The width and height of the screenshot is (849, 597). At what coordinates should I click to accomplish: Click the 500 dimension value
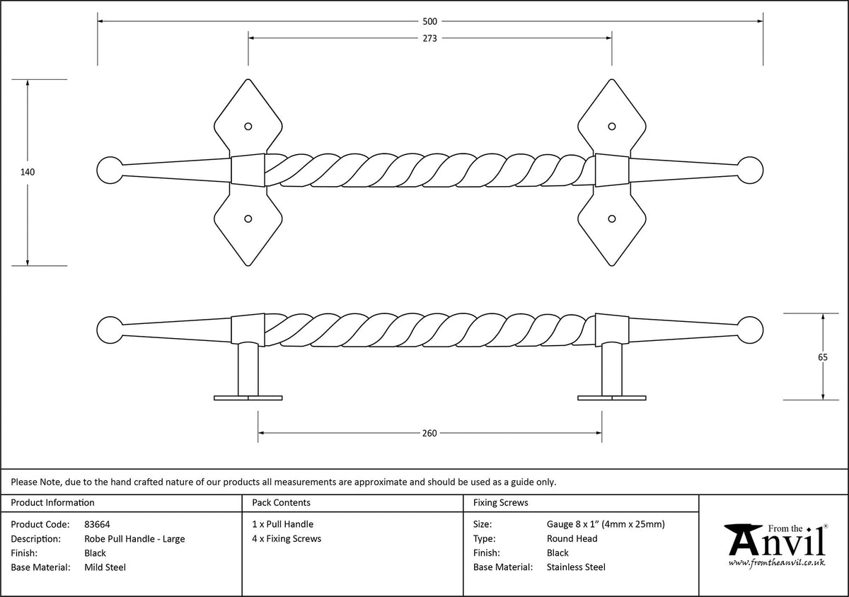point(430,22)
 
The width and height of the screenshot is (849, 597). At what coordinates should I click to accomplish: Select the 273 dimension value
point(430,39)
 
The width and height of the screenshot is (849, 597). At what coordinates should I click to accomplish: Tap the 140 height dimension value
point(28,173)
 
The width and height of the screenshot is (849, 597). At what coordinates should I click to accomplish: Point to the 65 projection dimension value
point(822,357)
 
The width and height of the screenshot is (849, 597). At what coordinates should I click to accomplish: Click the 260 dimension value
point(429,434)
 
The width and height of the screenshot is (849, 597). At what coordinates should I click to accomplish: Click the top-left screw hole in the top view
point(248,126)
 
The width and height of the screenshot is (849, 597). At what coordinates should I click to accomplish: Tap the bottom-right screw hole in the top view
point(612,219)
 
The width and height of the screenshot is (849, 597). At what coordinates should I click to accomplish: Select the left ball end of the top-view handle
point(110,170)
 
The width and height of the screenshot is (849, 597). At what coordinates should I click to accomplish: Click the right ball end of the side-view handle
point(751,330)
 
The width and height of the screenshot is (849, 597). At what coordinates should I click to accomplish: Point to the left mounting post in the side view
point(248,369)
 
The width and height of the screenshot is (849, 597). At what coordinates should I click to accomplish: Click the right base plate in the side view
point(612,398)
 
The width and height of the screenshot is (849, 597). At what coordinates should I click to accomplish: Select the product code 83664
point(97,525)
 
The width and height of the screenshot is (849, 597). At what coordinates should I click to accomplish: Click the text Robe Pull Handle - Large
point(134,539)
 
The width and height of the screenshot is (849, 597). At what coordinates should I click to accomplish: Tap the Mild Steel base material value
point(105,567)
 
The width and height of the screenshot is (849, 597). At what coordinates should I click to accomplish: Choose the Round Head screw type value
point(572,538)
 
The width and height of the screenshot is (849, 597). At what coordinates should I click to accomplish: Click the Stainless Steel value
point(576,567)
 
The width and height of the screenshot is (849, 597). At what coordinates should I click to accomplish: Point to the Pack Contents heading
point(282,503)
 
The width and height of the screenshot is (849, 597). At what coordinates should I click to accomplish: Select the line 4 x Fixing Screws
point(287,538)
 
